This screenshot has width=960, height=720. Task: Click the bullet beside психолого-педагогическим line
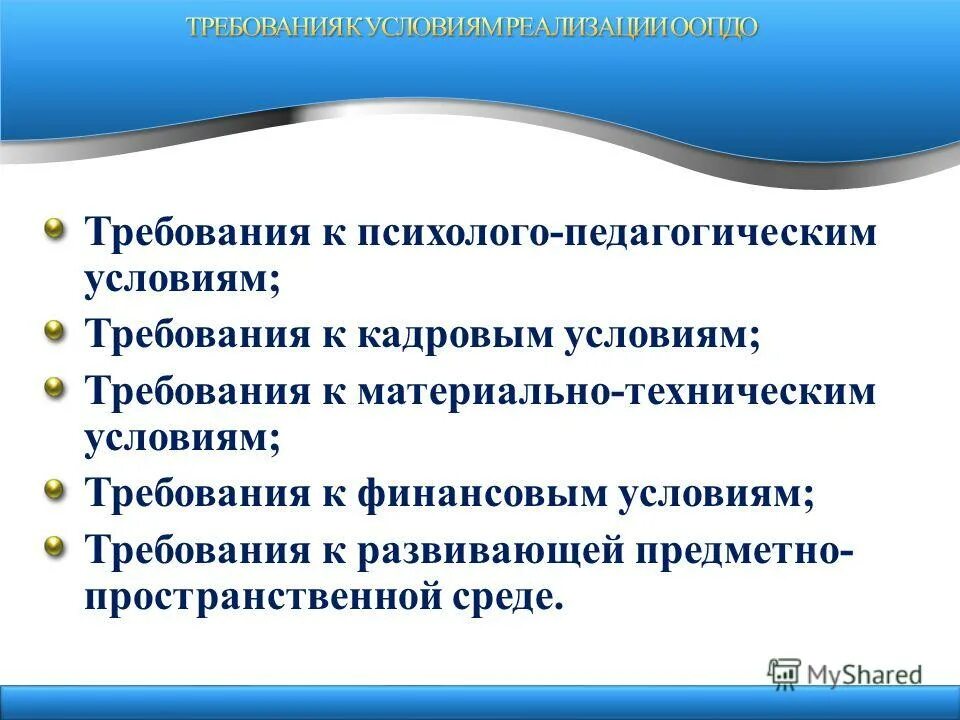coord(57,228)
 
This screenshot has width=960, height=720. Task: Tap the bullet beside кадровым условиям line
coord(57,329)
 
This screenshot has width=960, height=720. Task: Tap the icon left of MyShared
coord(784,672)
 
